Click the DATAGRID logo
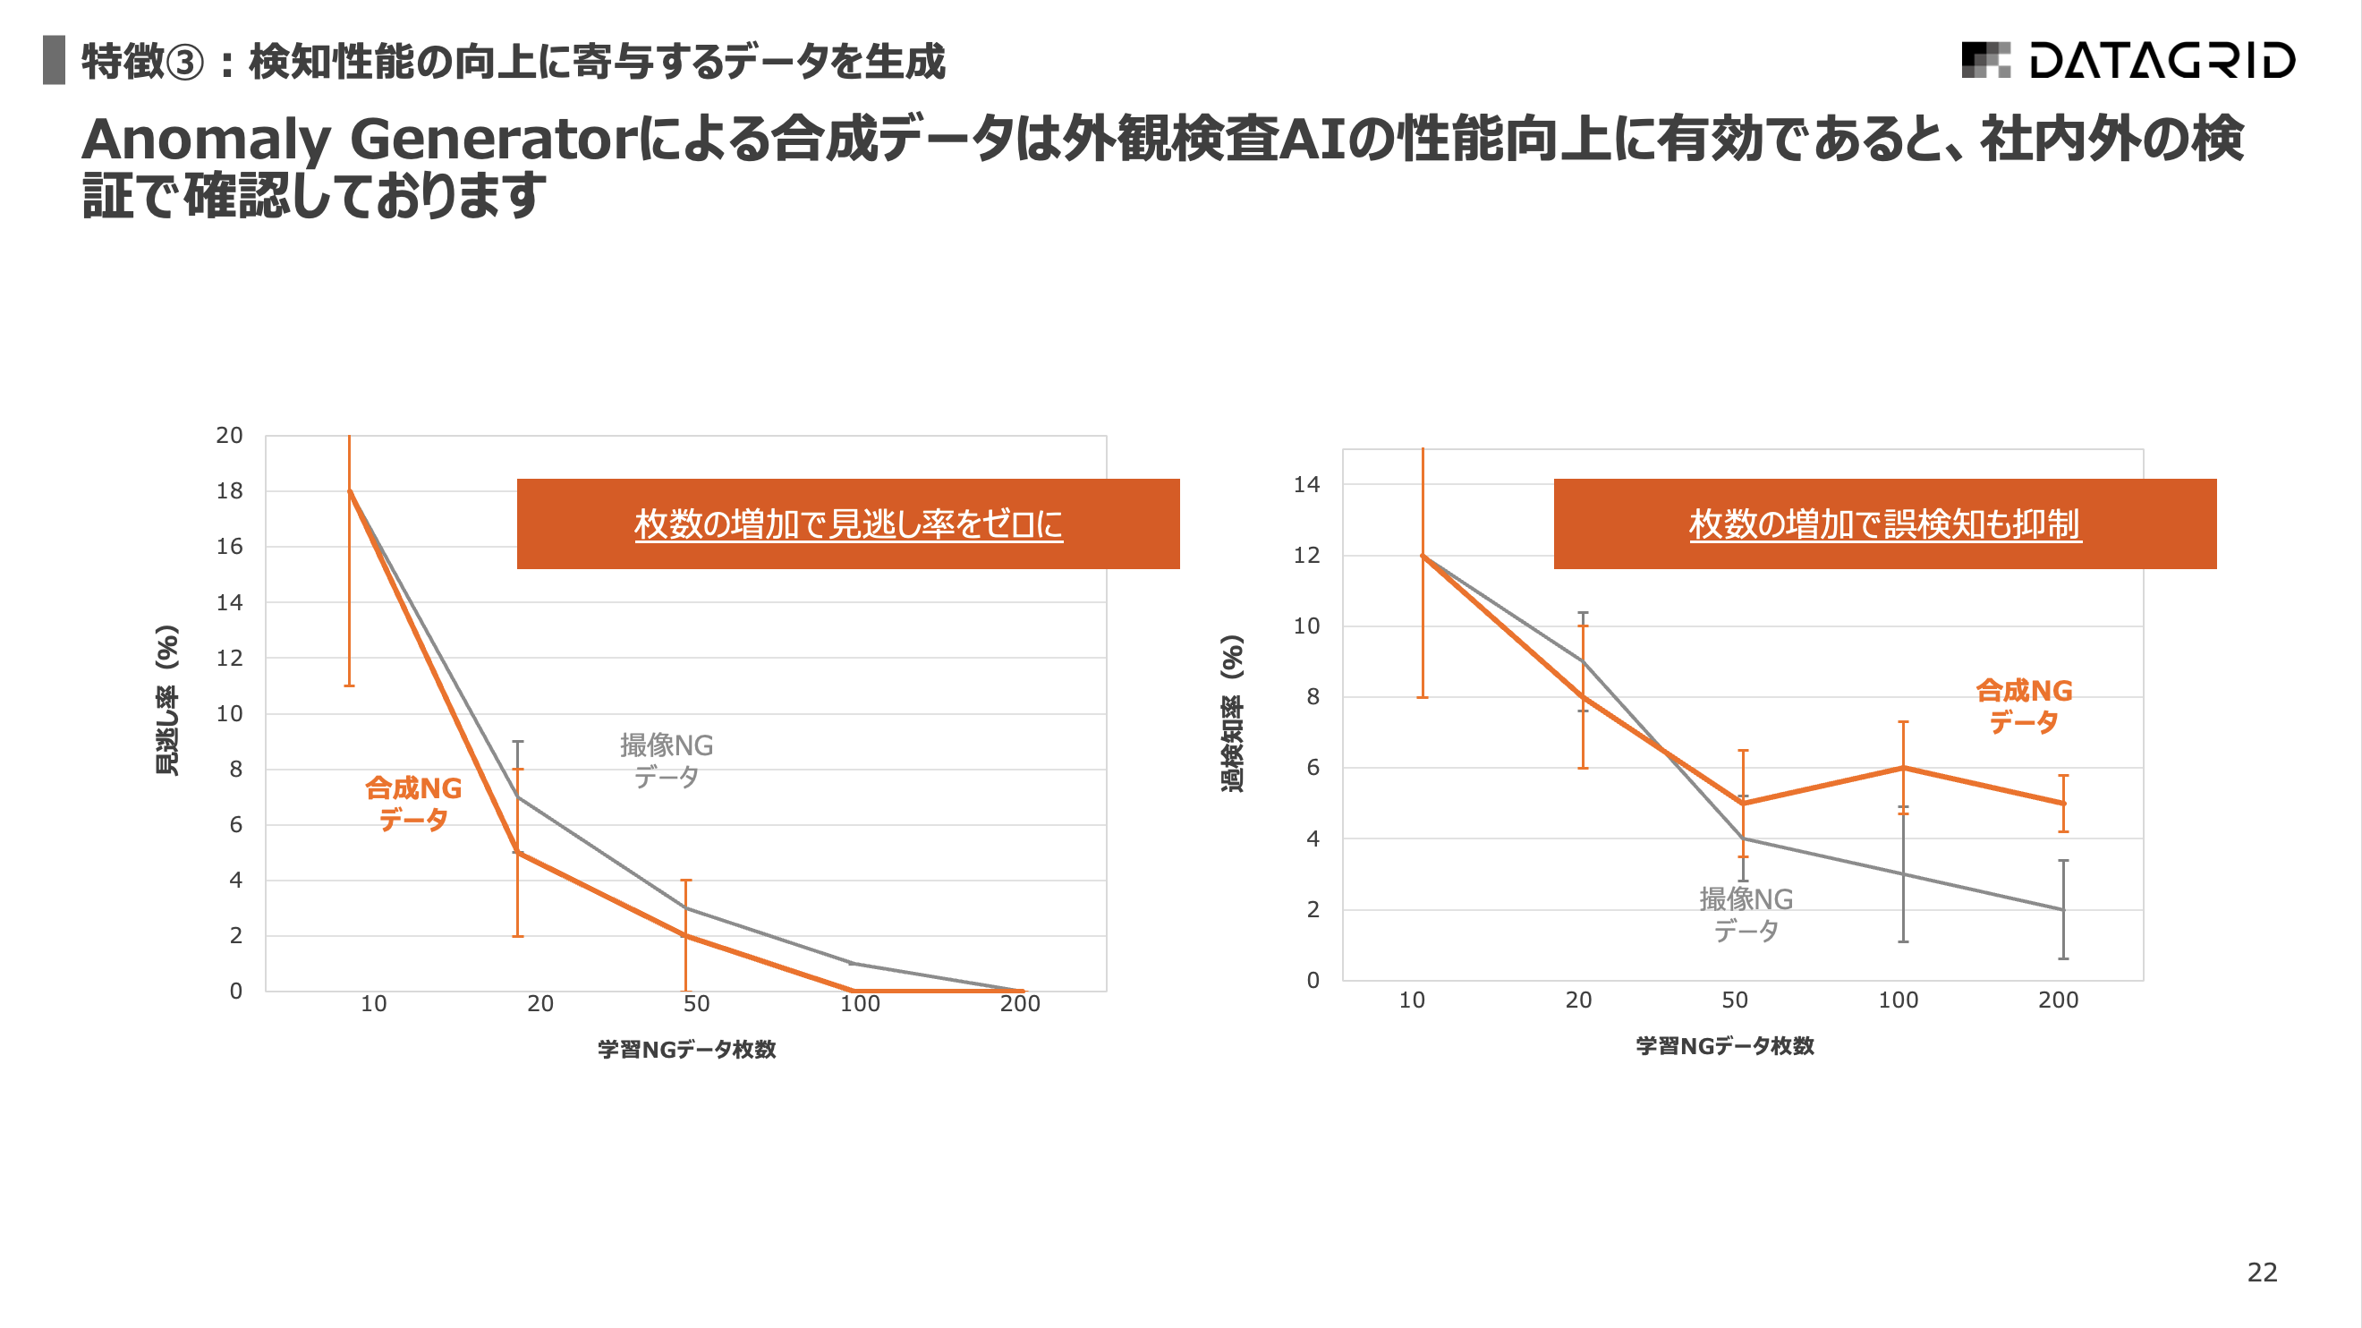[2128, 61]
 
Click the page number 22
[2261, 1271]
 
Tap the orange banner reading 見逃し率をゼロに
[848, 524]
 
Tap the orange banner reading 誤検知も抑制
[1884, 524]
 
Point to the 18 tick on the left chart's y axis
[229, 490]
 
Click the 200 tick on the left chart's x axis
[1020, 1003]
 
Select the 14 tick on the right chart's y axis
[1305, 484]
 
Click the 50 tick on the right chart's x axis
[1734, 1000]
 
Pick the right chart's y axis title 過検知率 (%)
[1232, 712]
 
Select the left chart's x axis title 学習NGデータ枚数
[687, 1048]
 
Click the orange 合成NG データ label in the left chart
[413, 804]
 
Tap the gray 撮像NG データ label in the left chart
[667, 761]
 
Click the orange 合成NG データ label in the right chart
[2024, 705]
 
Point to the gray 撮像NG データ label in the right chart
[1746, 914]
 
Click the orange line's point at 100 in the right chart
[1903, 768]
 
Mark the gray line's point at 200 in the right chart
[2063, 909]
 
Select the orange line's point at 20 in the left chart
[518, 852]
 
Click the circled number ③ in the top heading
[186, 63]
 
